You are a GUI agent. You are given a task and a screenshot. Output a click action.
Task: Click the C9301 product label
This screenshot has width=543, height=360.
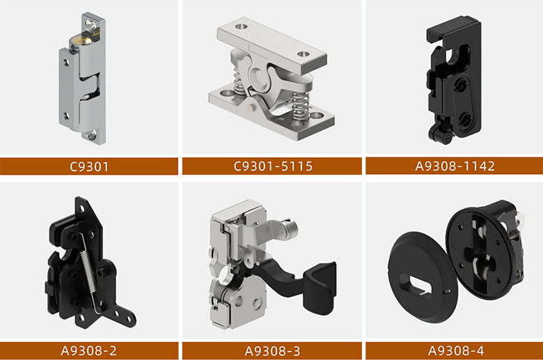coord(89,166)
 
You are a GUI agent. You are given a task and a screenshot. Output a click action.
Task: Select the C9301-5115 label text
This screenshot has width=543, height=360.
coord(273,166)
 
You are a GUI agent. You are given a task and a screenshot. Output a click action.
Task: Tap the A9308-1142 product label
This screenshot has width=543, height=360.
coord(455,166)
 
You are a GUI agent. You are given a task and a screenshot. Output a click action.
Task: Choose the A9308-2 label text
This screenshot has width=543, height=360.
coord(88,351)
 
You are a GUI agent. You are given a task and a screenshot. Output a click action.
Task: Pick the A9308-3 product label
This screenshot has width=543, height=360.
coord(272,351)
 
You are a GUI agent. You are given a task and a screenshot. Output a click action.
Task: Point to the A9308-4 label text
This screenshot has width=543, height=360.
coord(456,351)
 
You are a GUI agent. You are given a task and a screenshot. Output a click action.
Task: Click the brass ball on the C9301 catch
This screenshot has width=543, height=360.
coord(85,39)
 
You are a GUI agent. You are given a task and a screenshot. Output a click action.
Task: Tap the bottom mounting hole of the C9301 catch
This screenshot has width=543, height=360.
coord(92,136)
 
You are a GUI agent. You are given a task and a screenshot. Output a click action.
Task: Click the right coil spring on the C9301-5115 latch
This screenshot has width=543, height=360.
coord(301,106)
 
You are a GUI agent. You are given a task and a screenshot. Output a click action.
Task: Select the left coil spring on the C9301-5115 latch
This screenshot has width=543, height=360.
coord(237,81)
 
